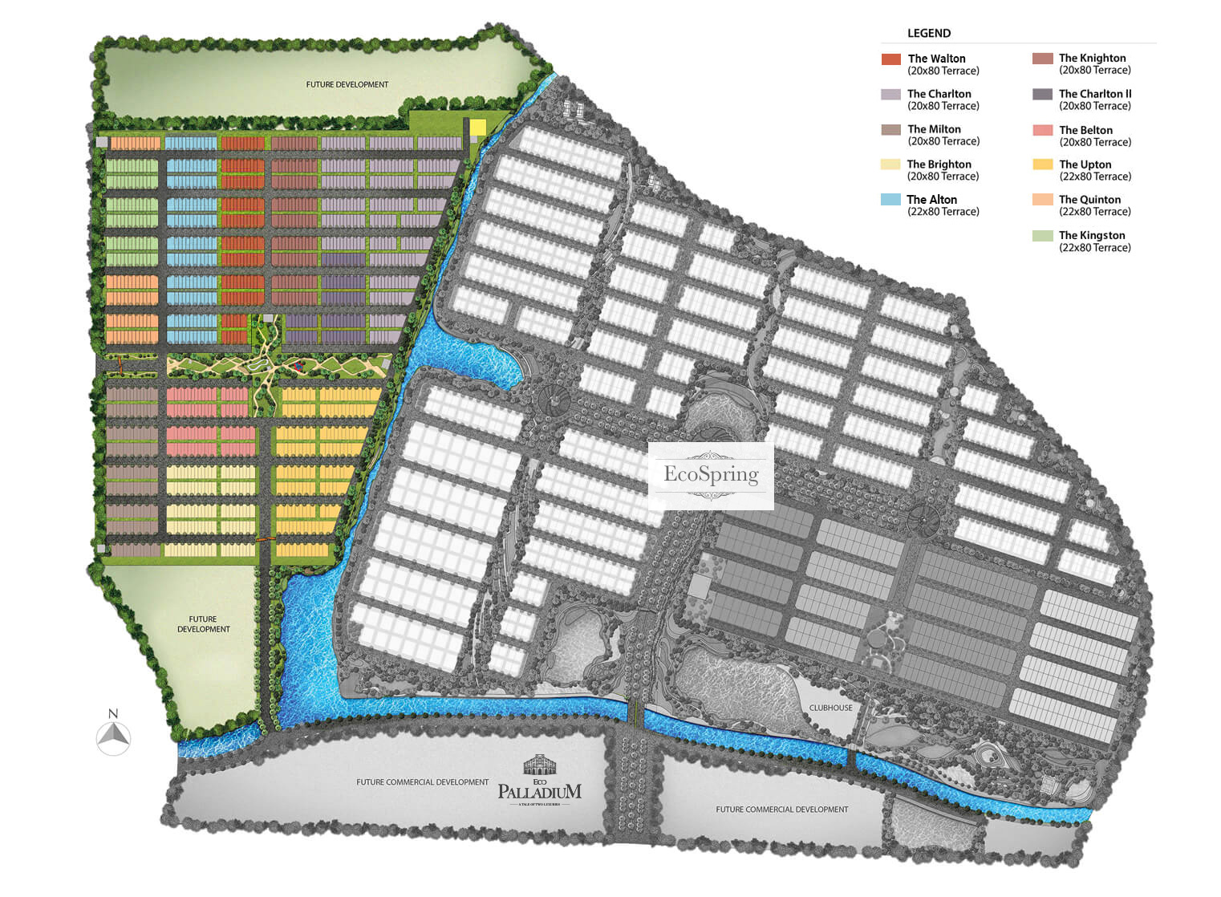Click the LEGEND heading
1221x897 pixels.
(929, 33)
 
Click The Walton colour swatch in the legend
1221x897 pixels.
(890, 59)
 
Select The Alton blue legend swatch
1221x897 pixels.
(890, 200)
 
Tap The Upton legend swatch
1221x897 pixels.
(1042, 164)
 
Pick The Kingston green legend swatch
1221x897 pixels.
(1042, 236)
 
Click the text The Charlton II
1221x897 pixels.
(1094, 94)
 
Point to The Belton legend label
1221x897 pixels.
(1085, 130)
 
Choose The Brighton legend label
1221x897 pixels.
(939, 164)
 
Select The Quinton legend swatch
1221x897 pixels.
(1042, 200)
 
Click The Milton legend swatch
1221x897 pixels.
(890, 129)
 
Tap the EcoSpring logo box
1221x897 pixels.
(711, 476)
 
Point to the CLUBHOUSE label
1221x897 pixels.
(830, 708)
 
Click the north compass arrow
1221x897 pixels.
(113, 737)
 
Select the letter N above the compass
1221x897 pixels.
(113, 713)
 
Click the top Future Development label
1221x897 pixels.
(347, 84)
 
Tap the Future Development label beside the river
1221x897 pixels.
(203, 624)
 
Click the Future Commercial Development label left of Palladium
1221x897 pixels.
(422, 782)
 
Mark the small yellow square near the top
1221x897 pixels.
(478, 128)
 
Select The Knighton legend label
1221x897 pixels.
(1092, 58)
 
